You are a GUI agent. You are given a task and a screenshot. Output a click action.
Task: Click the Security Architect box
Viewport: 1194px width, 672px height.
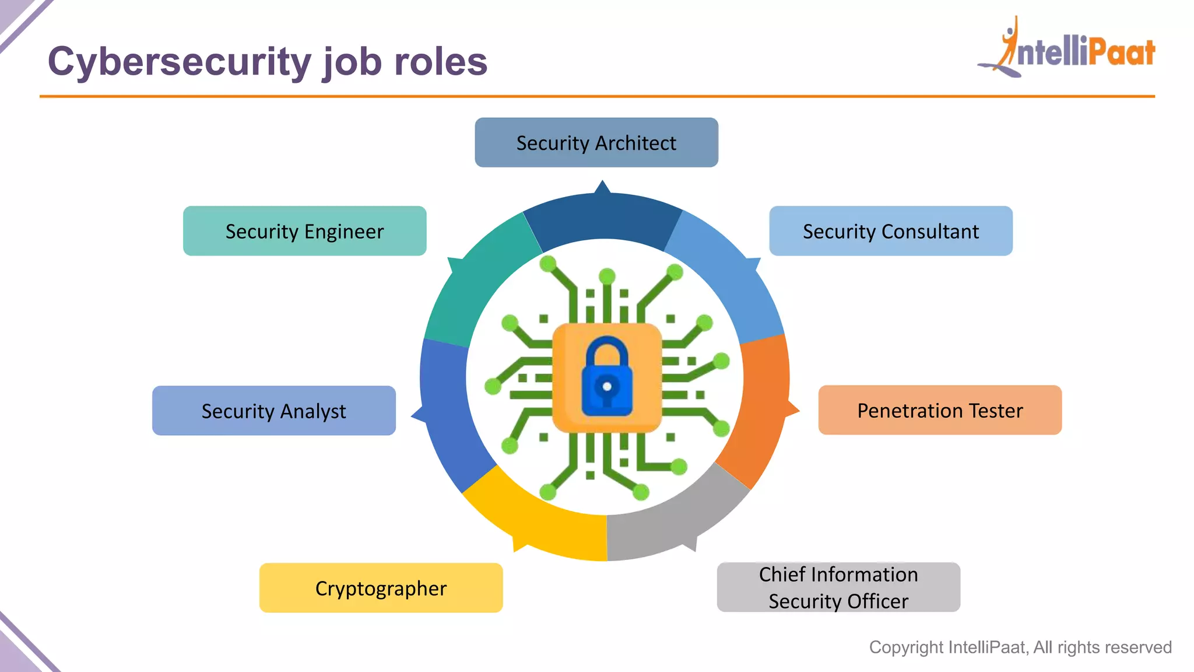pos(596,143)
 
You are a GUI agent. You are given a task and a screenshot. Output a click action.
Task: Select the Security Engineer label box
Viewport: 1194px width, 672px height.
pos(304,231)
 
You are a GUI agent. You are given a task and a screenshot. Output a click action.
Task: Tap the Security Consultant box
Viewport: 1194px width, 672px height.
pos(890,231)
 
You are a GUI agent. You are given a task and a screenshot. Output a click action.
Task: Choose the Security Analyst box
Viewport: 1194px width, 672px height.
pos(273,411)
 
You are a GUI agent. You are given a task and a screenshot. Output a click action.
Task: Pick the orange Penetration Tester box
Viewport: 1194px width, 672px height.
pos(940,410)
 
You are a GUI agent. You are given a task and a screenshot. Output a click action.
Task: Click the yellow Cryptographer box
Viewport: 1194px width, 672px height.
pos(381,588)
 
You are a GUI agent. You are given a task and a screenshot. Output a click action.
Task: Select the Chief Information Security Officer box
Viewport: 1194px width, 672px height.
pos(838,587)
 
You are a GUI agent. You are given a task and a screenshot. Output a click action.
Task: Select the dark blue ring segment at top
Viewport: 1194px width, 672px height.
pos(603,219)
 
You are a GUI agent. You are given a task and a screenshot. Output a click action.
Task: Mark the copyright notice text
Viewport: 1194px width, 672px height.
pos(1020,647)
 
